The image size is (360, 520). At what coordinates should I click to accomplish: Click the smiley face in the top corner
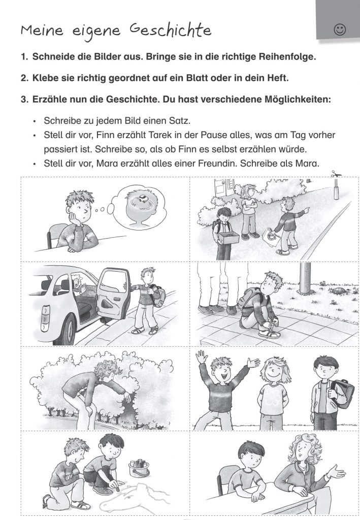(340, 30)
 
